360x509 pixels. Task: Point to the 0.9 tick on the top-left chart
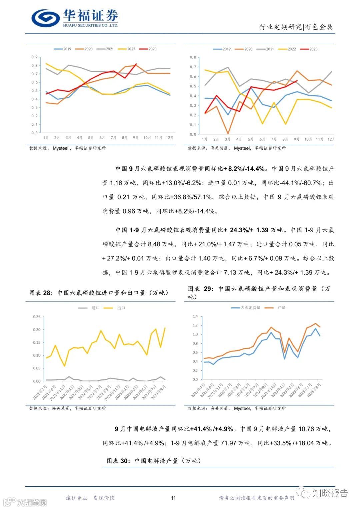[x=35, y=57]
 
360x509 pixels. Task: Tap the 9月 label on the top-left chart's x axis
[x=136, y=138]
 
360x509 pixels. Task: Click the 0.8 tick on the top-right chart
[x=193, y=57]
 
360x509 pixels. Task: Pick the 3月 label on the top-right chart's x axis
[x=227, y=139]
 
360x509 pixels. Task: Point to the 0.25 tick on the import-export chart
[x=37, y=317]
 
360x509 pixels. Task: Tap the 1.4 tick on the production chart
[x=195, y=316]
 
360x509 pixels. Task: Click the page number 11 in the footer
[x=173, y=498]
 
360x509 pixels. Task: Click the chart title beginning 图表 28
[x=99, y=293]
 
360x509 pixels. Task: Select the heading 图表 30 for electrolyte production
[x=154, y=461]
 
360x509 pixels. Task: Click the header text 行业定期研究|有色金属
[x=296, y=27]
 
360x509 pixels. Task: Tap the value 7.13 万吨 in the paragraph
[x=237, y=272]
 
